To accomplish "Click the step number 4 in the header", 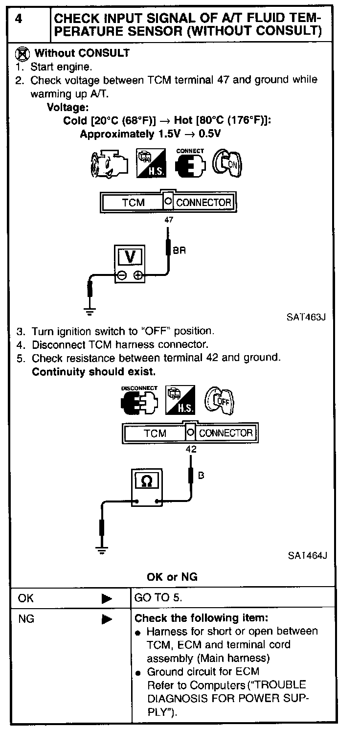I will (19, 19).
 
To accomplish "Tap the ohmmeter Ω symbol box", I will (146, 481).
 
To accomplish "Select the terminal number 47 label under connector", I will (169, 220).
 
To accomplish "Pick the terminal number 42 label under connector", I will (191, 449).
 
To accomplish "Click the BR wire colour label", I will (179, 251).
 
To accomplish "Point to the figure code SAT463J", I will (306, 316).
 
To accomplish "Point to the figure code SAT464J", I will (307, 555).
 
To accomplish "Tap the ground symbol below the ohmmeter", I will (102, 550).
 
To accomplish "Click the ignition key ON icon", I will (228, 163).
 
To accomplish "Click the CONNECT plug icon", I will (190, 163).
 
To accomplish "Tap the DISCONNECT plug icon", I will (139, 401).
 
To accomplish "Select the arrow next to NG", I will (107, 619).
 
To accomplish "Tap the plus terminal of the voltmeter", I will (138, 275).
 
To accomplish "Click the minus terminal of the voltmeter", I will (121, 275).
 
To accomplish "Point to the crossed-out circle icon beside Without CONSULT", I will (22, 53).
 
